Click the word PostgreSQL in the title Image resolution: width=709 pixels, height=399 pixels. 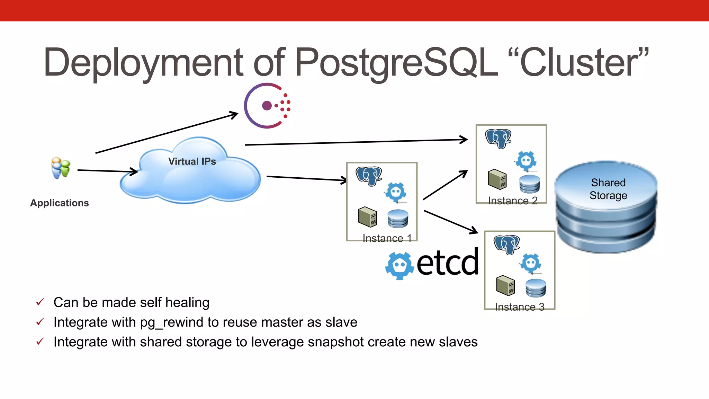pos(396,62)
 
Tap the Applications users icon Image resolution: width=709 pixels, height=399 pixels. pos(61,168)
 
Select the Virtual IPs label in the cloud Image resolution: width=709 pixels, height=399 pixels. pos(192,161)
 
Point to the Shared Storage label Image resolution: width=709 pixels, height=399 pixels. pos(608,189)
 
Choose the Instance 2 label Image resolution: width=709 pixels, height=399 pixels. pos(513,201)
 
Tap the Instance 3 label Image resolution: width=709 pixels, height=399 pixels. pos(520,307)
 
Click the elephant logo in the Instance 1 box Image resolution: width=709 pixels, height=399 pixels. pos(369,176)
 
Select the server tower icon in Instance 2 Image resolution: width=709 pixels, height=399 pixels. pos(497,179)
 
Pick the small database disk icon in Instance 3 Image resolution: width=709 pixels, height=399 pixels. pos(536,288)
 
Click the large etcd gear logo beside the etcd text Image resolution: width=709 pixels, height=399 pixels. pos(400,266)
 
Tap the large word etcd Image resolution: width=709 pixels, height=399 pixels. pos(448,263)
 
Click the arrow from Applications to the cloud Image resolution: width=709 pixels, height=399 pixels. pos(107,171)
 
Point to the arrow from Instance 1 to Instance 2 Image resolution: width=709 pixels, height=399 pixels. pos(445,185)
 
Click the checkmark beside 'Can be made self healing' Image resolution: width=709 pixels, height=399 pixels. pos(40,302)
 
